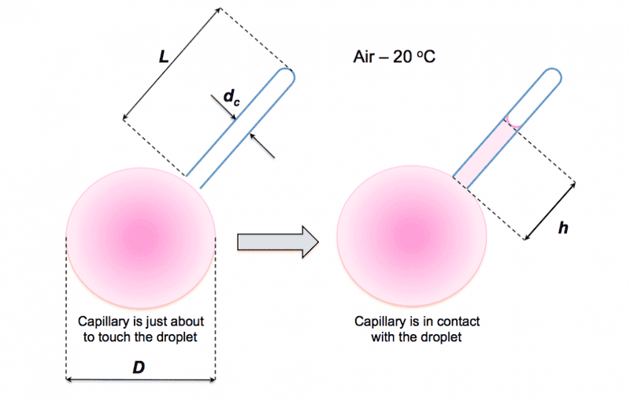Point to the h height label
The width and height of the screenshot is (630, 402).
click(562, 228)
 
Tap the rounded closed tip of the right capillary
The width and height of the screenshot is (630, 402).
click(553, 79)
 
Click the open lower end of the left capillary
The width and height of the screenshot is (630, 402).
click(194, 182)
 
